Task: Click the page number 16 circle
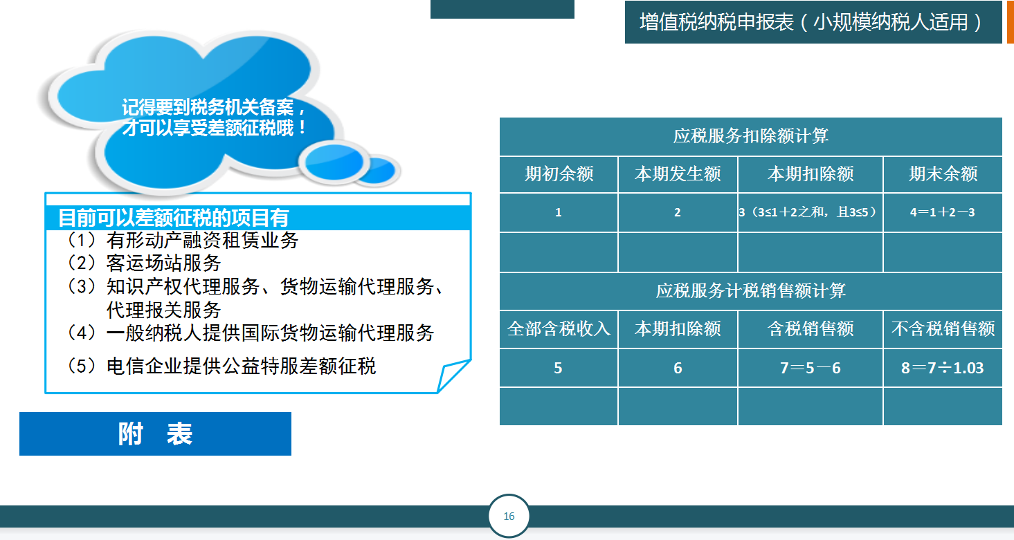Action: (509, 516)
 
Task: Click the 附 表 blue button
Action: (155, 434)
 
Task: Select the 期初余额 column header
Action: (559, 174)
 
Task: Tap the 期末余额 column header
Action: (943, 174)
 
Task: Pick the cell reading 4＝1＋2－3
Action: (943, 212)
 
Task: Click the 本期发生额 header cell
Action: (678, 174)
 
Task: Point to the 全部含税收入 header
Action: (559, 328)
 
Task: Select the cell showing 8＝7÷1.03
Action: (943, 368)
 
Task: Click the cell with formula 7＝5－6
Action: (811, 368)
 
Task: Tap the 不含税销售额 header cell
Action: (943, 328)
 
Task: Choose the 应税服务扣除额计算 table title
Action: (751, 136)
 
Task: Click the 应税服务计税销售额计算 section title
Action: (751, 290)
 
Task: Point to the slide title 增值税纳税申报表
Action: (813, 22)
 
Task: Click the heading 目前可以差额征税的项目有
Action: (174, 218)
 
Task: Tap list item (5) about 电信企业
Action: (221, 366)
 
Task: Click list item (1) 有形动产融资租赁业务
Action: (183, 240)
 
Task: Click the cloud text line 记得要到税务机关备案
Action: (214, 108)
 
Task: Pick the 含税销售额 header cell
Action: (811, 328)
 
